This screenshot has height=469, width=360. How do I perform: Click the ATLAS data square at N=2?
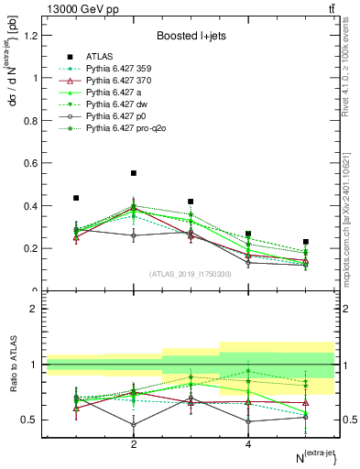(134, 173)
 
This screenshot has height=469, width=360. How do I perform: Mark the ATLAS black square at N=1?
(76, 198)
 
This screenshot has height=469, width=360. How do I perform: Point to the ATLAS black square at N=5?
(306, 242)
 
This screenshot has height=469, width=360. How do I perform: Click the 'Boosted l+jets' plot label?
(190, 36)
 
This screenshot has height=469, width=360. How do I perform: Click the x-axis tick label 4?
(248, 445)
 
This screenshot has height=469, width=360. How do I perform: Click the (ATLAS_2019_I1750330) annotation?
(191, 274)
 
